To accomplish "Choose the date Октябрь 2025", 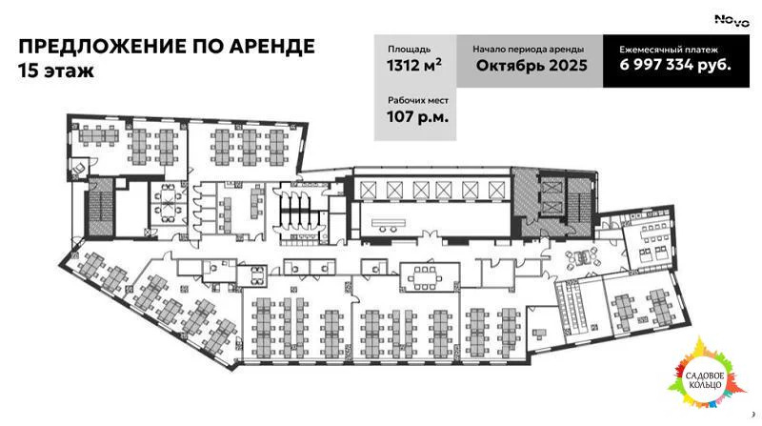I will click(x=530, y=66).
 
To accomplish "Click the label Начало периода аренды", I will click(x=529, y=48).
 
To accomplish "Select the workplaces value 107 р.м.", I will click(x=417, y=117).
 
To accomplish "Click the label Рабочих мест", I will click(x=417, y=100).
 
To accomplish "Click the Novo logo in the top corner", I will click(x=732, y=20).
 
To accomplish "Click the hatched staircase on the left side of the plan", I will click(x=100, y=206).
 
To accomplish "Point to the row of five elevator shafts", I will click(x=433, y=187).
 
